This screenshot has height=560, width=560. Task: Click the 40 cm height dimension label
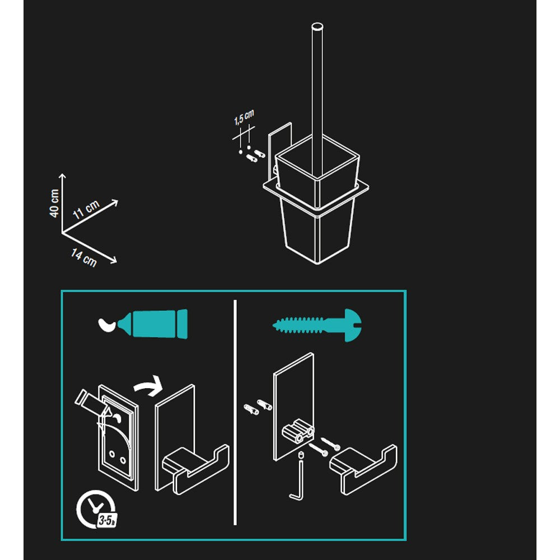[54, 203]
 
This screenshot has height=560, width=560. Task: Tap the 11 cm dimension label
[86, 209]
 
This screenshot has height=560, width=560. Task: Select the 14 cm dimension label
[84, 258]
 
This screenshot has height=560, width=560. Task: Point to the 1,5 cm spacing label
[244, 117]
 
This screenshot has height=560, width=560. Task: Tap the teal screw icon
[317, 325]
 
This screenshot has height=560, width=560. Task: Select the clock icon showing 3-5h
[96, 509]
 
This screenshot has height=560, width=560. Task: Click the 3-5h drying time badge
[107, 520]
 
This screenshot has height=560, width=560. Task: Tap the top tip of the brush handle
[317, 26]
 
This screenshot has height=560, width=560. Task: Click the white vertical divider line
[235, 413]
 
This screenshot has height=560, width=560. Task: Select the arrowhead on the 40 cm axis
[62, 176]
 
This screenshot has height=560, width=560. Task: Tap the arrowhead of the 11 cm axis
[115, 203]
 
